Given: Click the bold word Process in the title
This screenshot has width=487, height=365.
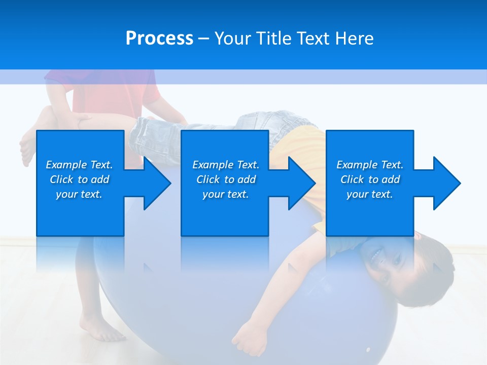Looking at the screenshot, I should tap(159, 39).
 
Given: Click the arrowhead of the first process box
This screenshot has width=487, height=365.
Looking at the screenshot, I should tap(155, 183).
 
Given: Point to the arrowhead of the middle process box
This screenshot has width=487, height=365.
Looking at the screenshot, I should tap(299, 183).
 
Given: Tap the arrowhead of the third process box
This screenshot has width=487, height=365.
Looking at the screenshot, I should tap(444, 183).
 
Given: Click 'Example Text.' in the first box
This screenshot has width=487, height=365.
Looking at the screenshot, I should tap(79, 165).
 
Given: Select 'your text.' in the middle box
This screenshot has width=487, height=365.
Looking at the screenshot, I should tap(225, 195).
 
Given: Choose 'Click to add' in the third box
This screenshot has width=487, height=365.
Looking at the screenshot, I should tap(370, 179).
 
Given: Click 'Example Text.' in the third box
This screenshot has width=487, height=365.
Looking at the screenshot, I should tap(370, 165).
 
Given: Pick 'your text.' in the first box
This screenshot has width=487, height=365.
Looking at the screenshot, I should tap(79, 195).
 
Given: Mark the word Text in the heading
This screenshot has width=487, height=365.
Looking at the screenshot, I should tap(315, 39).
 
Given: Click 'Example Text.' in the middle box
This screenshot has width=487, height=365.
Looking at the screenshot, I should tap(225, 165).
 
